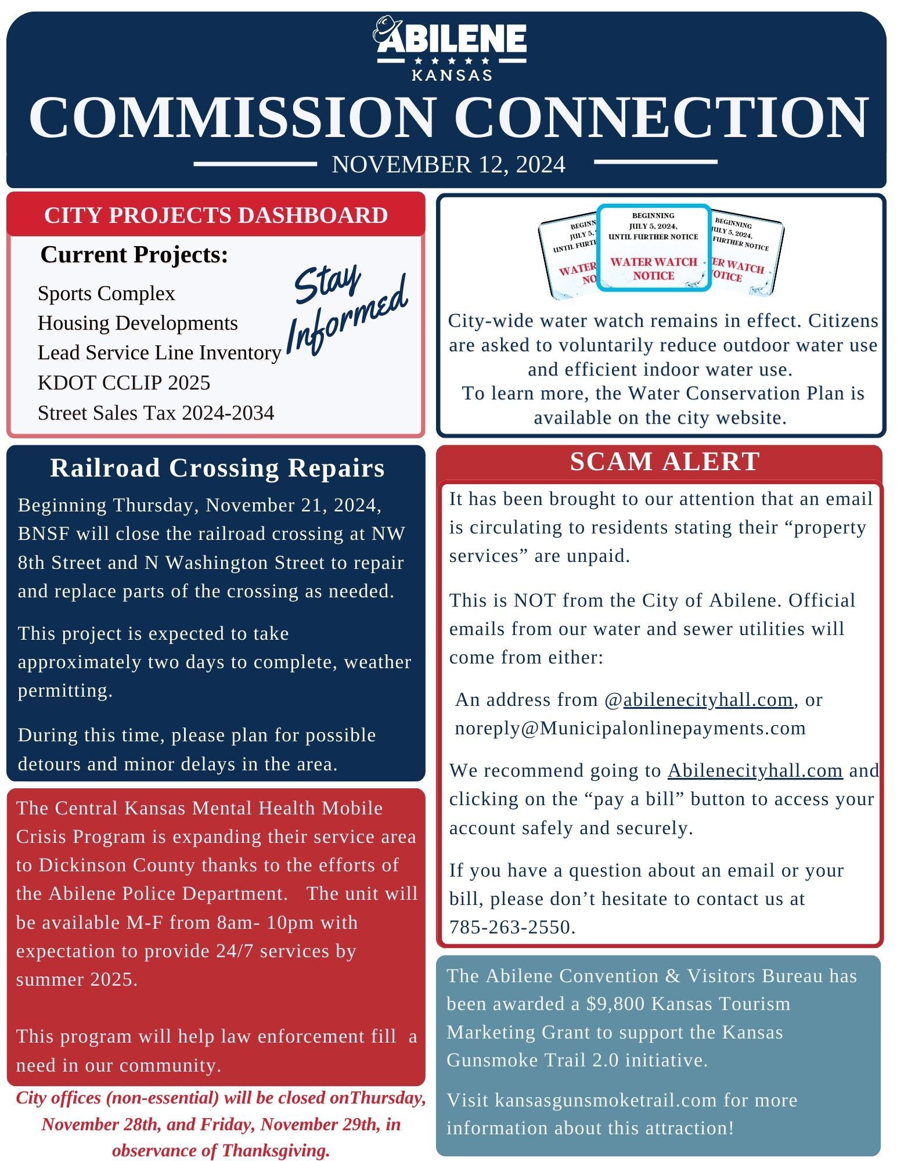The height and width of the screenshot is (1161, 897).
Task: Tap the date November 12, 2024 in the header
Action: point(448,164)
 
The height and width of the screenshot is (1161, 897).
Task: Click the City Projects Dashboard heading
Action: point(216,215)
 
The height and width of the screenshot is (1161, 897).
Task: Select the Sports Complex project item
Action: point(106,293)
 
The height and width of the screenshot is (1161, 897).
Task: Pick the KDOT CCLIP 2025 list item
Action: point(124,383)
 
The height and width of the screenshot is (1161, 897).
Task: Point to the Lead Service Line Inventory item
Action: point(159,352)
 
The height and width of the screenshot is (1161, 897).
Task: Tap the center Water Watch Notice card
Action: point(653,248)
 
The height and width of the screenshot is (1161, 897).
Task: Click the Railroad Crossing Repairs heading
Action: point(217,468)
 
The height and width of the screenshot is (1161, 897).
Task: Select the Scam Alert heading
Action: point(665,461)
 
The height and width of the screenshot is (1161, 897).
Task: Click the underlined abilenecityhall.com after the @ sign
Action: point(708,700)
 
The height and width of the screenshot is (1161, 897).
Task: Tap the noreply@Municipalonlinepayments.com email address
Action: point(630,728)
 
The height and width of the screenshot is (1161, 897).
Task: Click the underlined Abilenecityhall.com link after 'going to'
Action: point(755,770)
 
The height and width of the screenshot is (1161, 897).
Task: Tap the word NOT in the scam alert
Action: point(531,600)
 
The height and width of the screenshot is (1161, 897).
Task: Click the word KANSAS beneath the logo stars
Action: point(452,75)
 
